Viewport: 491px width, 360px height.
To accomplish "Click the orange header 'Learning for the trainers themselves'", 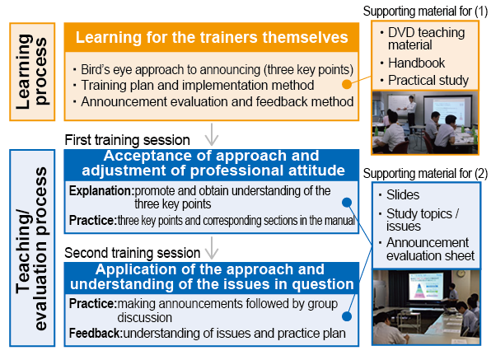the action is coord(212,37).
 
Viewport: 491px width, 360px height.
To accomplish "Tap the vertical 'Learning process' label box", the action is coord(32,72).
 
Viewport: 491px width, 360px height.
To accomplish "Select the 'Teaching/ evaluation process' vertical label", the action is coord(32,248).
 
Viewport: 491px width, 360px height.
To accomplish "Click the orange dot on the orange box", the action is coord(347,84).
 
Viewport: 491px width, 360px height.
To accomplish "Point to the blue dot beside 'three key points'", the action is coord(347,203).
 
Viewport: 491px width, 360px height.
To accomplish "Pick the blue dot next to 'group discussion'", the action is coord(347,316).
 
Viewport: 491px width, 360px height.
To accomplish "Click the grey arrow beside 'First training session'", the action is coord(212,134).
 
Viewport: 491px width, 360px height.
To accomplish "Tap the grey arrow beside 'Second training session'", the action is coord(212,248).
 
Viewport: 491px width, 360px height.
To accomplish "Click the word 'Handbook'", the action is coord(416,63).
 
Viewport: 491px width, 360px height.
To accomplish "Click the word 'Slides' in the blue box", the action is coord(403,194).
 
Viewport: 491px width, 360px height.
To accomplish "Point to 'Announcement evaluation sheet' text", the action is coord(430,249).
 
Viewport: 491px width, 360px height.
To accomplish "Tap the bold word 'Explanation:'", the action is coord(101,190).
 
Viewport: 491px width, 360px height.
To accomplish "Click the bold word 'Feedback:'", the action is coord(96,334).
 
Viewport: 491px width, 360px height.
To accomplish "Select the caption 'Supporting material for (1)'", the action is coord(425,12).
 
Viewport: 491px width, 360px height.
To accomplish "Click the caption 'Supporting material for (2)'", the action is coord(425,174).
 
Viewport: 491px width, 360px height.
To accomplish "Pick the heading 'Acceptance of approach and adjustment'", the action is coord(212,163).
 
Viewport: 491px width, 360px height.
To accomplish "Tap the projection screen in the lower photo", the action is coord(426,286).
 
